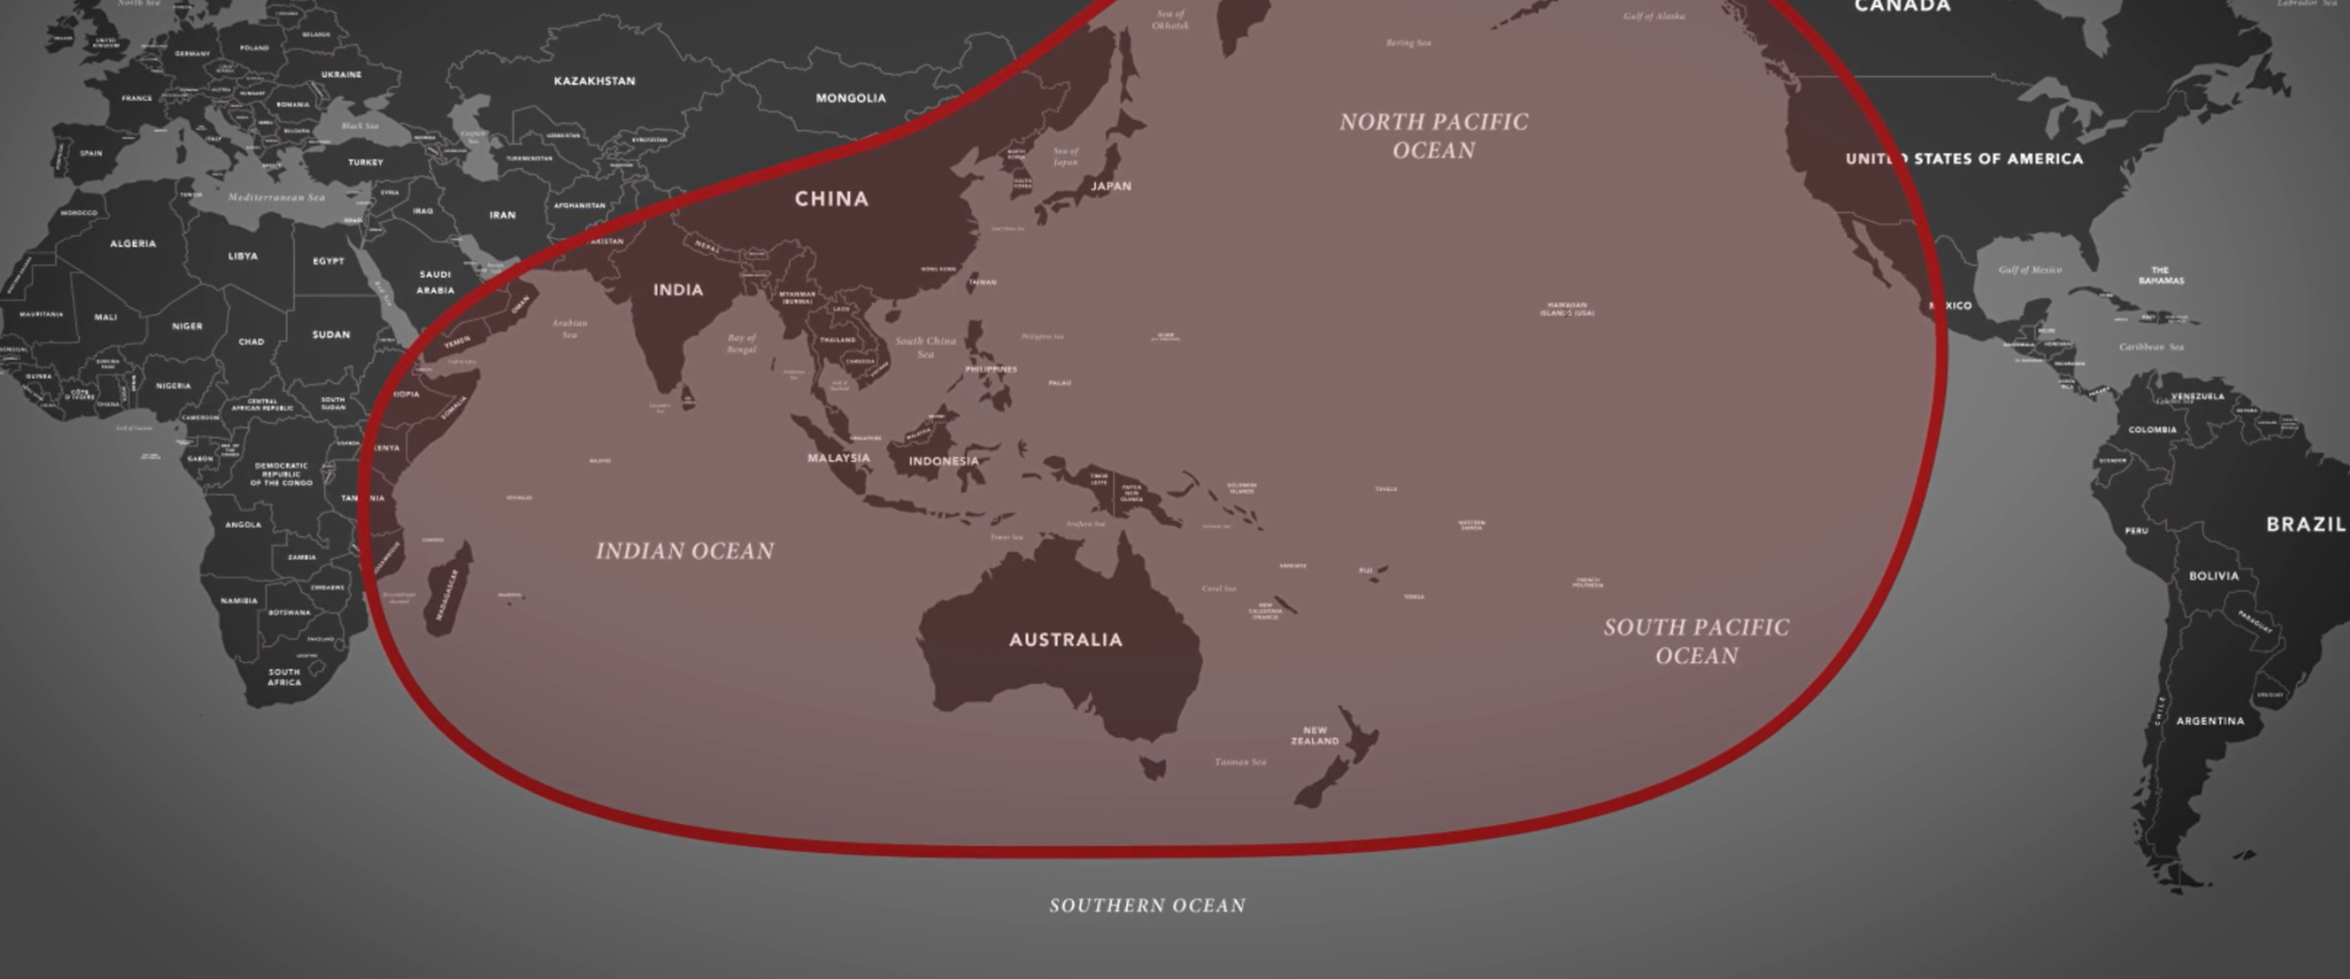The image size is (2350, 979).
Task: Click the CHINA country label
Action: [x=831, y=199]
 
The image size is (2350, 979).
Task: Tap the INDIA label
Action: [x=678, y=290]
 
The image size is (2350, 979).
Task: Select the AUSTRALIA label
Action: [x=1066, y=640]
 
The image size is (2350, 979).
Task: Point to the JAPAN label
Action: [x=1111, y=186]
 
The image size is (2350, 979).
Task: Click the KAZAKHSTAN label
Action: [x=594, y=82]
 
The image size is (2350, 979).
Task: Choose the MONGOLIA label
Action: [x=850, y=98]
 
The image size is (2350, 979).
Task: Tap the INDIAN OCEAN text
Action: [x=685, y=551]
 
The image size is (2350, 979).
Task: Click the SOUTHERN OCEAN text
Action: [x=1146, y=905]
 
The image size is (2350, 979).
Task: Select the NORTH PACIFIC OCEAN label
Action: [x=1433, y=136]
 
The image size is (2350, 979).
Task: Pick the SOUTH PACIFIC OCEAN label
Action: [x=1696, y=640]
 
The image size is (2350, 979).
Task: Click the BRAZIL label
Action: [x=2305, y=525]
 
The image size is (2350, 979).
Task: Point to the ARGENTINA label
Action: [x=2210, y=721]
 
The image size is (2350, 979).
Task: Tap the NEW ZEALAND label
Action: [x=1315, y=735]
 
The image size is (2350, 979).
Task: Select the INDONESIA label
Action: [x=943, y=462]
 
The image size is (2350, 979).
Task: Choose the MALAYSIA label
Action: [x=837, y=458]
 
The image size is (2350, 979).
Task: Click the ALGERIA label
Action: [x=132, y=244]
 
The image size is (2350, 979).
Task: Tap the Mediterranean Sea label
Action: [x=276, y=197]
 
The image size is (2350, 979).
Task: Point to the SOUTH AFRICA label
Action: [x=284, y=677]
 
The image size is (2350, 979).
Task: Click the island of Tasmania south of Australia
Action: [x=1153, y=769]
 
